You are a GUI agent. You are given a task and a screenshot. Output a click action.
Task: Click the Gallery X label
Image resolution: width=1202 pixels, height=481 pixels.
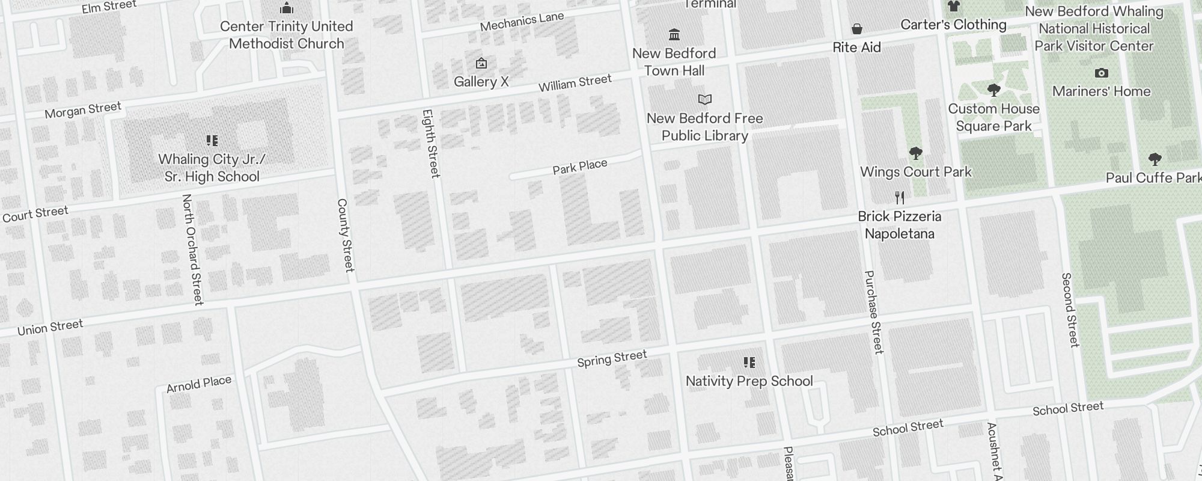(481, 82)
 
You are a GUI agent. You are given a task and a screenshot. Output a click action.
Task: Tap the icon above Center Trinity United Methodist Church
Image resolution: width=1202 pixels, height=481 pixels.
(287, 8)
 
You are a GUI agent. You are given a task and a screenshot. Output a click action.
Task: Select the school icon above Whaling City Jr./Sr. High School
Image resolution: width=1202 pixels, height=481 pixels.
(212, 141)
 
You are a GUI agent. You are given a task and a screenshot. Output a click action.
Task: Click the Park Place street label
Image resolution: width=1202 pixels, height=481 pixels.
(580, 167)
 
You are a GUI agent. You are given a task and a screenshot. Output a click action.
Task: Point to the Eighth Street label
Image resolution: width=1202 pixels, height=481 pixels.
(431, 143)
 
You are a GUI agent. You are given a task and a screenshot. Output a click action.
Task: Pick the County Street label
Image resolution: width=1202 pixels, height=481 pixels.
(345, 235)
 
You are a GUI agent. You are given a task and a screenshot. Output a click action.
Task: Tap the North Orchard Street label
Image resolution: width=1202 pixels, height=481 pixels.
(192, 249)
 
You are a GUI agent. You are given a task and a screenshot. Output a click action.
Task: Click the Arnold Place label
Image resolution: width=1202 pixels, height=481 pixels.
(199, 384)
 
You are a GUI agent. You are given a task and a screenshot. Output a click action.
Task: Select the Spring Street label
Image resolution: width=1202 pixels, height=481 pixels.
(612, 359)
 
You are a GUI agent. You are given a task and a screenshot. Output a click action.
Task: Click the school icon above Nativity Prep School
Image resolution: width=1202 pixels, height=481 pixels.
(749, 363)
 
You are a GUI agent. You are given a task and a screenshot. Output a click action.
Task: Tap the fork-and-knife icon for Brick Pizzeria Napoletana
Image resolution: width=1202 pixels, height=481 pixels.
(900, 197)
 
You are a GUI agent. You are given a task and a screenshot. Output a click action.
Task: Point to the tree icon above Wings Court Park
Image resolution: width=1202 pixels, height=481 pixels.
(915, 153)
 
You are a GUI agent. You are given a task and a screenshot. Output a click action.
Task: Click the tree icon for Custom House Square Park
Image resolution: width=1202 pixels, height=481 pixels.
(993, 90)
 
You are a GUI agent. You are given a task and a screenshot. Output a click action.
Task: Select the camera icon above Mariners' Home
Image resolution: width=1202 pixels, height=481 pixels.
(1101, 73)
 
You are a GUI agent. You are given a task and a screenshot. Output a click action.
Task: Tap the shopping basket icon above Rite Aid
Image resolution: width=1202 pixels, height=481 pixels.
(857, 29)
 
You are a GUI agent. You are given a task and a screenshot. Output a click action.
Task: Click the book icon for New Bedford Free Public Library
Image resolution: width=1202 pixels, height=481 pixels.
(704, 99)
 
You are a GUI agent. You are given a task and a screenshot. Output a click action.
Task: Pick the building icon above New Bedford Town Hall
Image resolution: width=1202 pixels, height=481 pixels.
(674, 34)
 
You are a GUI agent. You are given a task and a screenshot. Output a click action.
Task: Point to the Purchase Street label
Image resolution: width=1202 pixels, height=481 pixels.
(873, 311)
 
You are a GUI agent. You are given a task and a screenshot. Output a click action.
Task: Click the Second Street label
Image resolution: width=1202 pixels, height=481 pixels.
(1070, 310)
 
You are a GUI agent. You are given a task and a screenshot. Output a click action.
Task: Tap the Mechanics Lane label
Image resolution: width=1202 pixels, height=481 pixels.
(522, 22)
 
